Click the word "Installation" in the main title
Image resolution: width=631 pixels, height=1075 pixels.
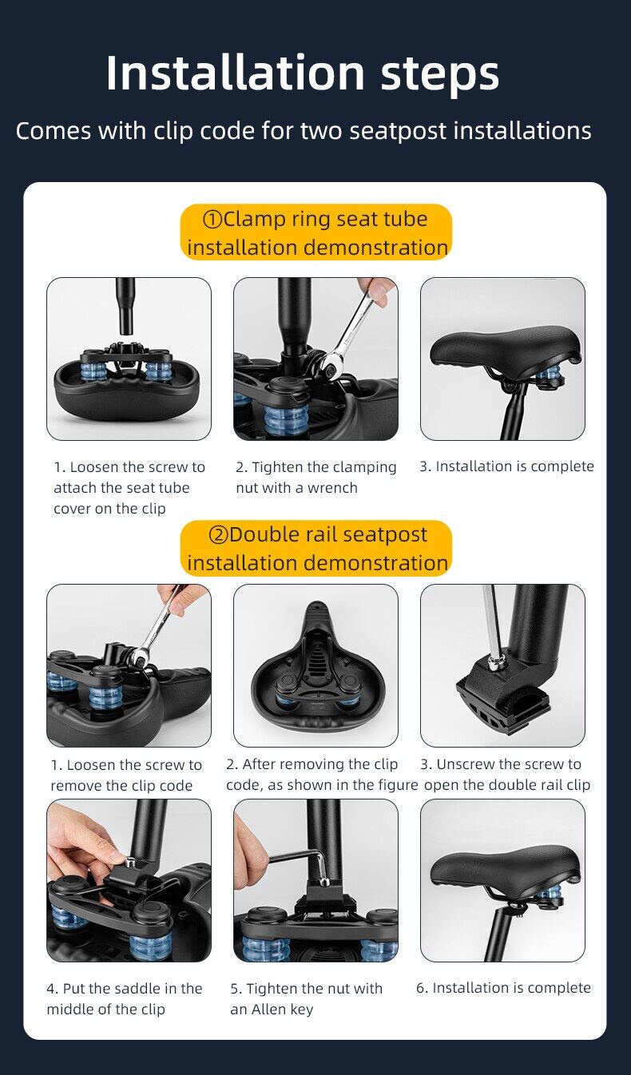point(236,73)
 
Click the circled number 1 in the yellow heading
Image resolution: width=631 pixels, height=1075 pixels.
point(212,220)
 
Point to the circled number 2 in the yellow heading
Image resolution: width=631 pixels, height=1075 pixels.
point(218,535)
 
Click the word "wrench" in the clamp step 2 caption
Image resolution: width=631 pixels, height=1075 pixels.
point(332,488)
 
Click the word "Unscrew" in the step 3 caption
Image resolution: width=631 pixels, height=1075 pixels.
point(466,764)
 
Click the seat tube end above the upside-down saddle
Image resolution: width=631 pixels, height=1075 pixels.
point(126,307)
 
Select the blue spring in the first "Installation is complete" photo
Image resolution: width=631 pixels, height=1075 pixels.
point(551,377)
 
